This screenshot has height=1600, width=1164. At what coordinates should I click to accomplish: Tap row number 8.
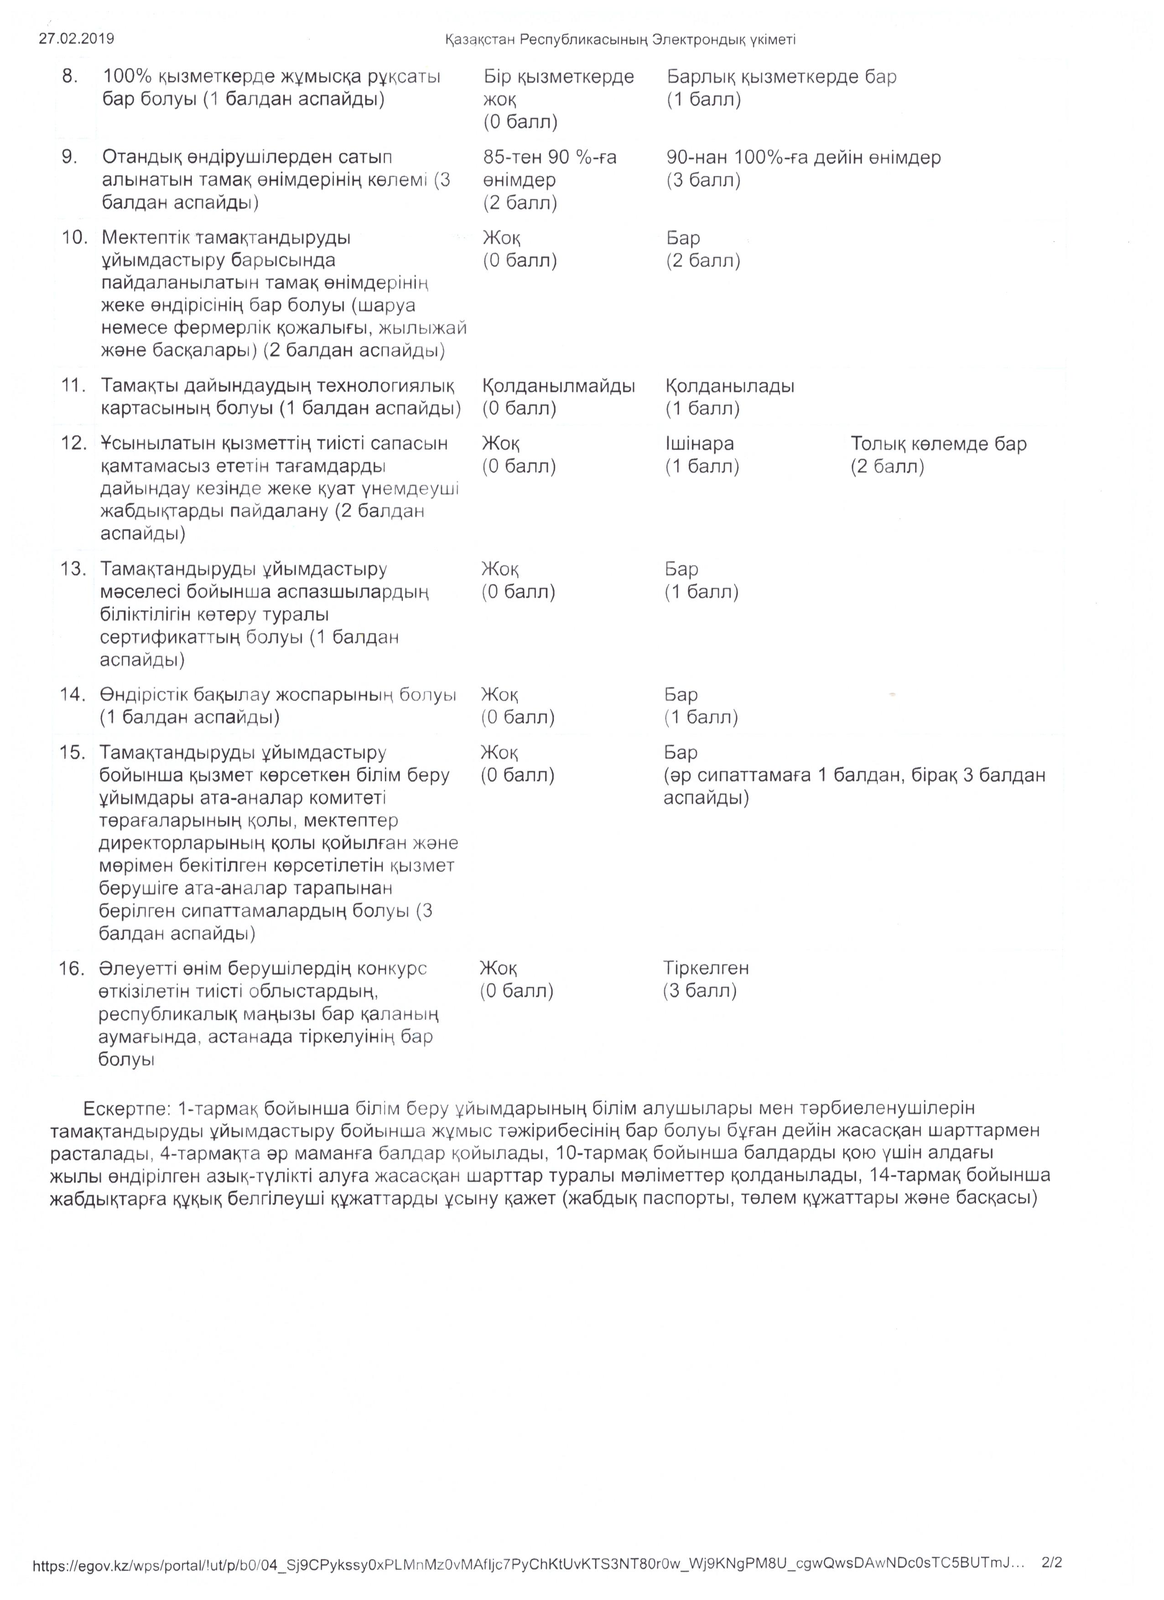pyautogui.click(x=70, y=76)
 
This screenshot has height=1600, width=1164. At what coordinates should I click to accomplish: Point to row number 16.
pyautogui.click(x=71, y=969)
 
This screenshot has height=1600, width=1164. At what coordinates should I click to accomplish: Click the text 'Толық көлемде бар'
pyautogui.click(x=938, y=444)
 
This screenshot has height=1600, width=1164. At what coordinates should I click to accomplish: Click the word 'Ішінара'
pyautogui.click(x=699, y=444)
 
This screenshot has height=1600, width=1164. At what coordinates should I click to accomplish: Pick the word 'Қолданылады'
pyautogui.click(x=729, y=386)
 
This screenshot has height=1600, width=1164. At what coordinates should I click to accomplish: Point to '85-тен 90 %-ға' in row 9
pyautogui.click(x=550, y=157)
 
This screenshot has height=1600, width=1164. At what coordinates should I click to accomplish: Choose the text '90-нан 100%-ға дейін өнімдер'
pyautogui.click(x=803, y=157)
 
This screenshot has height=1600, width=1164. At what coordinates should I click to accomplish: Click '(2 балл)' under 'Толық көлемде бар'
pyautogui.click(x=887, y=466)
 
